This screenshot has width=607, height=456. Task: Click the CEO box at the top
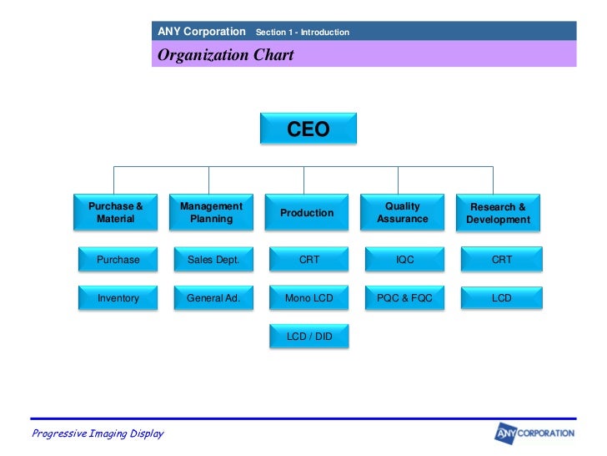coord(309,129)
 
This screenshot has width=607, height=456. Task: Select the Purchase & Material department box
coord(116,213)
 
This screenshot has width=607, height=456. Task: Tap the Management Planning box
coord(211,213)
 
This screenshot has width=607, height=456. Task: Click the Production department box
coord(307,213)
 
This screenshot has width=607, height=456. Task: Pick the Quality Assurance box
coord(403,213)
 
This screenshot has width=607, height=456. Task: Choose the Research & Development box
coord(498,213)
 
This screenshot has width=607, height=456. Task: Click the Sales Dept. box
coord(213,260)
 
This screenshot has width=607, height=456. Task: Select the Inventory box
coord(118,298)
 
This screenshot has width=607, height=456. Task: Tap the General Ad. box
coord(213,298)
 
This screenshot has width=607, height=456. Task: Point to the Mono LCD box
coord(309,298)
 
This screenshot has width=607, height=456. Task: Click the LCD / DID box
coord(309,337)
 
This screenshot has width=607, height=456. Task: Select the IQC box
coord(405,260)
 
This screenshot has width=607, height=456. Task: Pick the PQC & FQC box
coord(405,298)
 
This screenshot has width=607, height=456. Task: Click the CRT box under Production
coord(309,260)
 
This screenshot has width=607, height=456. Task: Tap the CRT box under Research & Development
coord(501,260)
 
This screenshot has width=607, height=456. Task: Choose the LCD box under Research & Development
coord(501,298)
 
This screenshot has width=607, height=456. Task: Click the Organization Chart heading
coord(226,56)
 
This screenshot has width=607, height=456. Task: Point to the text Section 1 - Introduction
coord(302,33)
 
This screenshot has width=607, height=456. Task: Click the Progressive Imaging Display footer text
coord(98,433)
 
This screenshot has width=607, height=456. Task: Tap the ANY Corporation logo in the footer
coord(534,433)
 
